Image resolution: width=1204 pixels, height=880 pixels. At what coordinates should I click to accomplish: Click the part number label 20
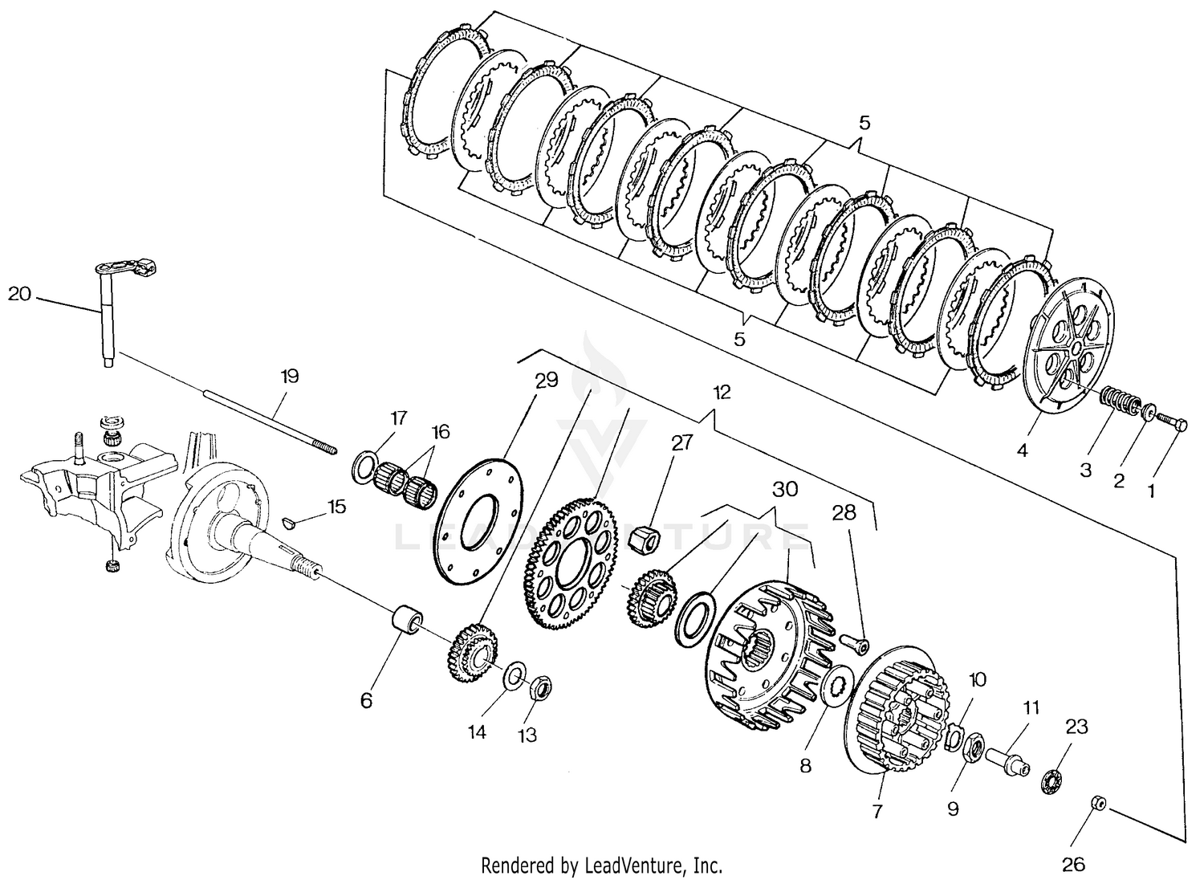click(19, 295)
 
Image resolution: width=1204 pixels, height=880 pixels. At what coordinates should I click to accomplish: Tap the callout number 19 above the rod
click(289, 376)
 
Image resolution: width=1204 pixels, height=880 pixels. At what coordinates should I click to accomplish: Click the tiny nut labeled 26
click(1097, 803)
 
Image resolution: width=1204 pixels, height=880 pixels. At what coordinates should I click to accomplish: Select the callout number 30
click(785, 489)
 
